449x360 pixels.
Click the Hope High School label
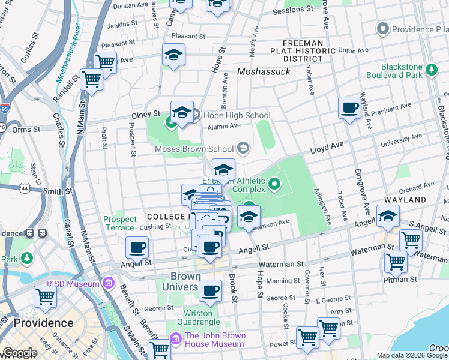point(237,115)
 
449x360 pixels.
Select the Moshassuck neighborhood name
point(264,71)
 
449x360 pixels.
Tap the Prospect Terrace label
point(120,224)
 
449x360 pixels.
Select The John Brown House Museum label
point(214,340)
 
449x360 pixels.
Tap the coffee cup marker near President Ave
point(349,109)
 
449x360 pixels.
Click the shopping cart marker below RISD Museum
point(46,296)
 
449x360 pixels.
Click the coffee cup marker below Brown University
point(210,291)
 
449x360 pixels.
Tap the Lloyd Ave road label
point(326,147)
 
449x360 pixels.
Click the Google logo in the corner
point(20,353)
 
